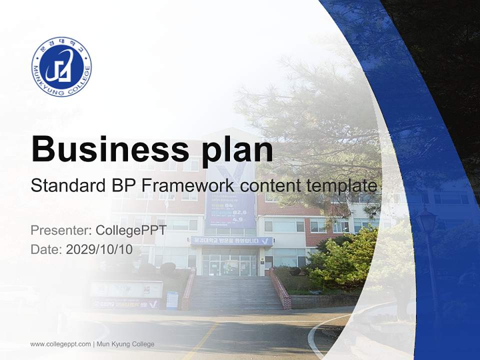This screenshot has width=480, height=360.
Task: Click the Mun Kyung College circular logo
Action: [61, 66]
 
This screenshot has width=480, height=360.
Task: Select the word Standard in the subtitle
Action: [66, 186]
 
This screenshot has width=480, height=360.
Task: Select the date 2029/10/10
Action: [99, 249]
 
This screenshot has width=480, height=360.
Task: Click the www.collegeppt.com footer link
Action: [60, 344]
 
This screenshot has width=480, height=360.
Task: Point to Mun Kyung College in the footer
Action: [125, 344]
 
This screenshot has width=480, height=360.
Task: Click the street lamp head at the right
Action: [426, 220]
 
